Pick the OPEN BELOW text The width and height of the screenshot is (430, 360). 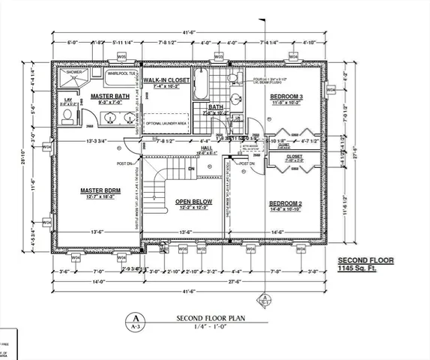pos(194,202)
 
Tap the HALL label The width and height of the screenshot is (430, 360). pos(205,148)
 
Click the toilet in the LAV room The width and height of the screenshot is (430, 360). pos(67,116)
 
